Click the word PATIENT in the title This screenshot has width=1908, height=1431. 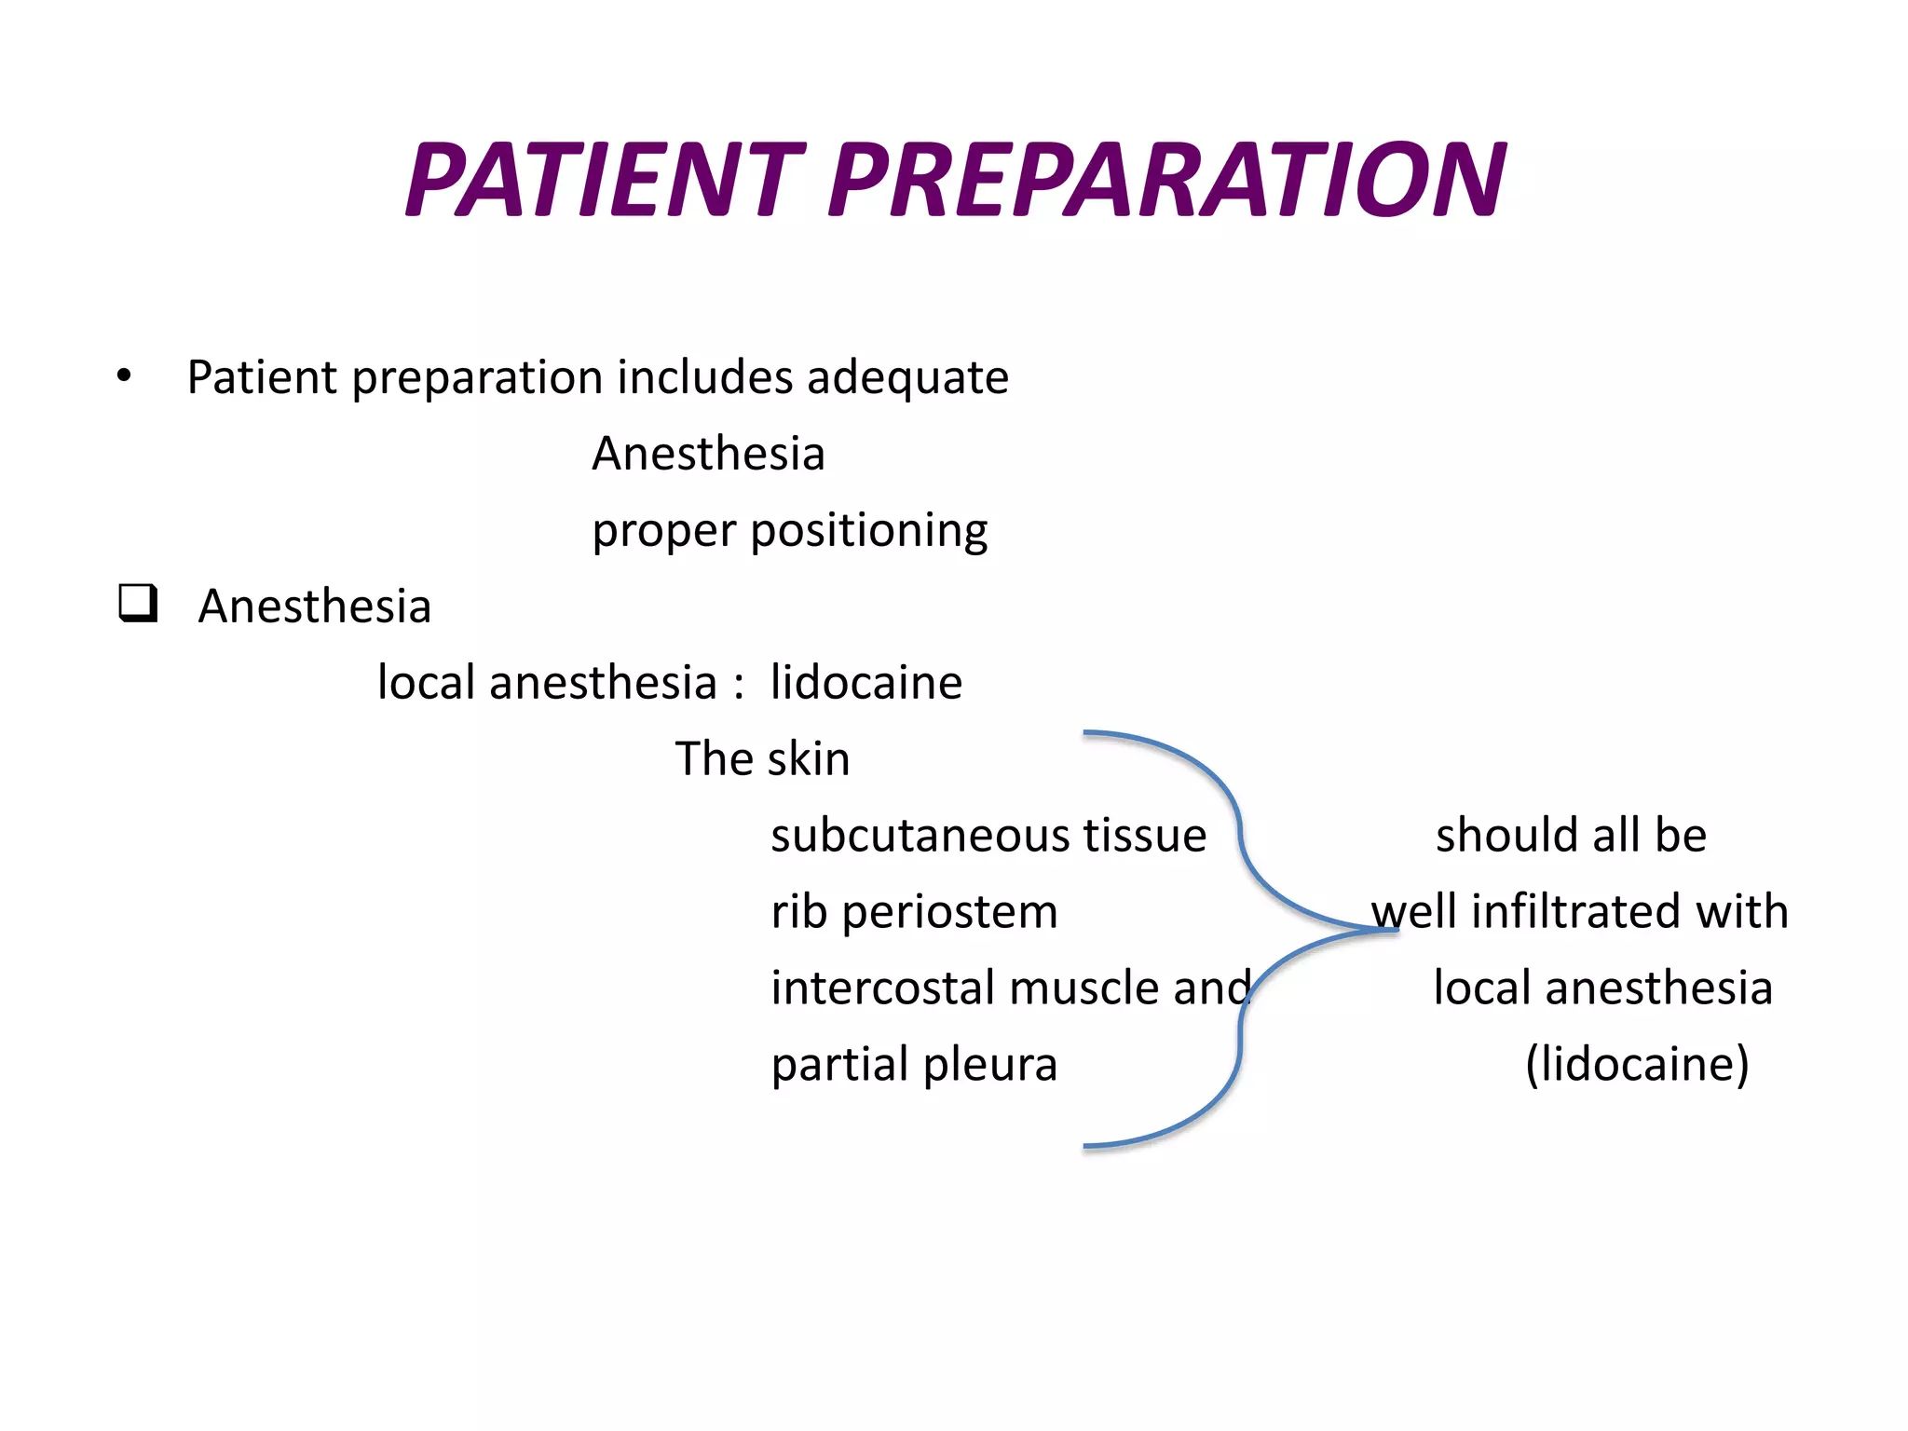604,180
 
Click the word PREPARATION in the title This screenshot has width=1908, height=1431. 1166,180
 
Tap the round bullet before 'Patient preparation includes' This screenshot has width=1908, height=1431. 124,376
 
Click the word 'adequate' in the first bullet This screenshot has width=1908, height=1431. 907,378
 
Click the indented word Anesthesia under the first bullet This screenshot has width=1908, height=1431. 708,455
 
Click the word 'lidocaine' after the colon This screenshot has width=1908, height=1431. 865,683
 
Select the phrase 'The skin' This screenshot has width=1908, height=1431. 762,759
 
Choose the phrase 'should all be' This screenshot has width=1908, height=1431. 1571,836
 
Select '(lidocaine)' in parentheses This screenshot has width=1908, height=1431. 1637,1065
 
